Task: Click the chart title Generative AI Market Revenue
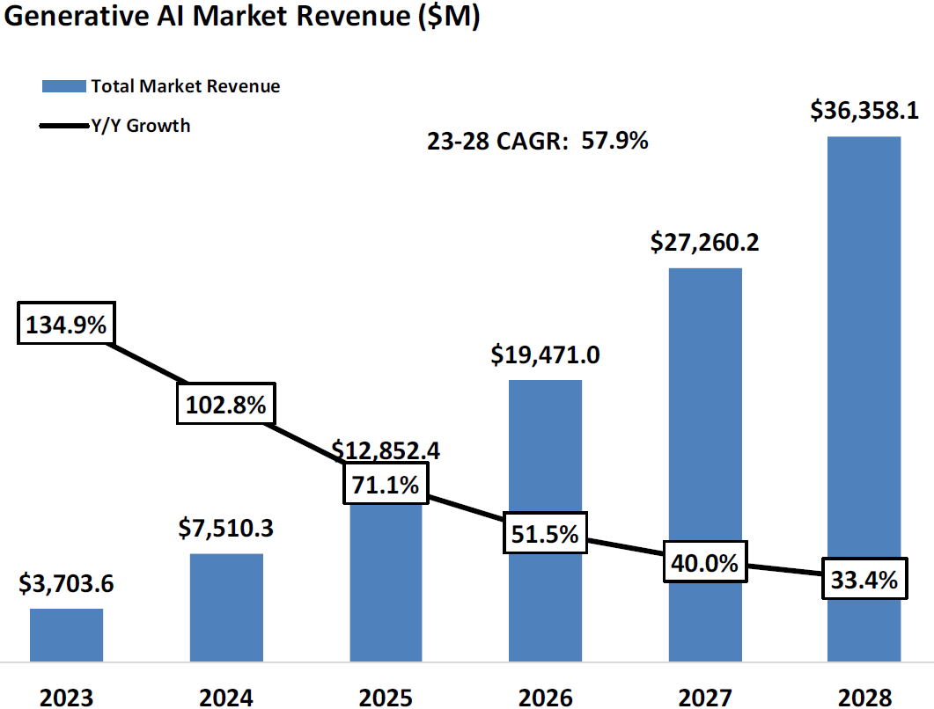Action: (x=242, y=20)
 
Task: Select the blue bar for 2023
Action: (x=66, y=634)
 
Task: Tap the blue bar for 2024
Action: (x=226, y=607)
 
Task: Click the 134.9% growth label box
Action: (x=65, y=325)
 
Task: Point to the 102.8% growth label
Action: (x=225, y=405)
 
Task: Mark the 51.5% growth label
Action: (x=546, y=533)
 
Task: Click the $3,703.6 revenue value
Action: (x=66, y=583)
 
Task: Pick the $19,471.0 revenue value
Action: (x=546, y=355)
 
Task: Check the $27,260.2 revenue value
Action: (x=705, y=242)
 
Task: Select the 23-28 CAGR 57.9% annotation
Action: (x=538, y=141)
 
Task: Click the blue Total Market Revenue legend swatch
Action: (x=64, y=86)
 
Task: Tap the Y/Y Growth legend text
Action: (x=141, y=126)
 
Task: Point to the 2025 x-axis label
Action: (x=386, y=697)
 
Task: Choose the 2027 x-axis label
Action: (x=705, y=697)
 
